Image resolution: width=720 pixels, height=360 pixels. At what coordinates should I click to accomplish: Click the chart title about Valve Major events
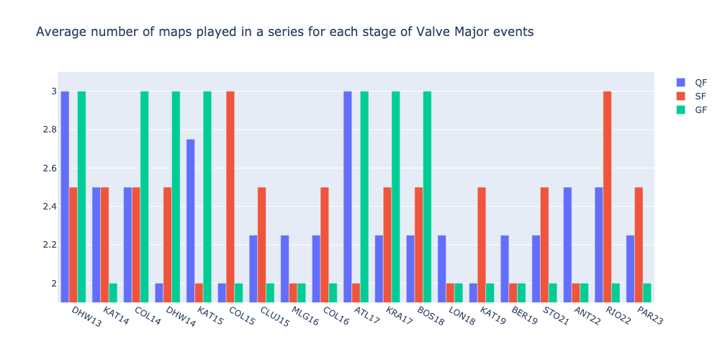284,32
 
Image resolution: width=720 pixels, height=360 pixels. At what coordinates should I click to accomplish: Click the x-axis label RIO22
617,316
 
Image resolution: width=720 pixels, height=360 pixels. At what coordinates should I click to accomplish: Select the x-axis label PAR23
649,316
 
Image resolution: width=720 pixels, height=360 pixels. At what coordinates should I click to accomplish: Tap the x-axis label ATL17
366,316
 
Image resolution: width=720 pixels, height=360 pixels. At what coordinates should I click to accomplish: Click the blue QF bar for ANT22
567,245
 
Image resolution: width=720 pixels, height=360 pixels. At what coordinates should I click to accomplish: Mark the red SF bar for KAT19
482,245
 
